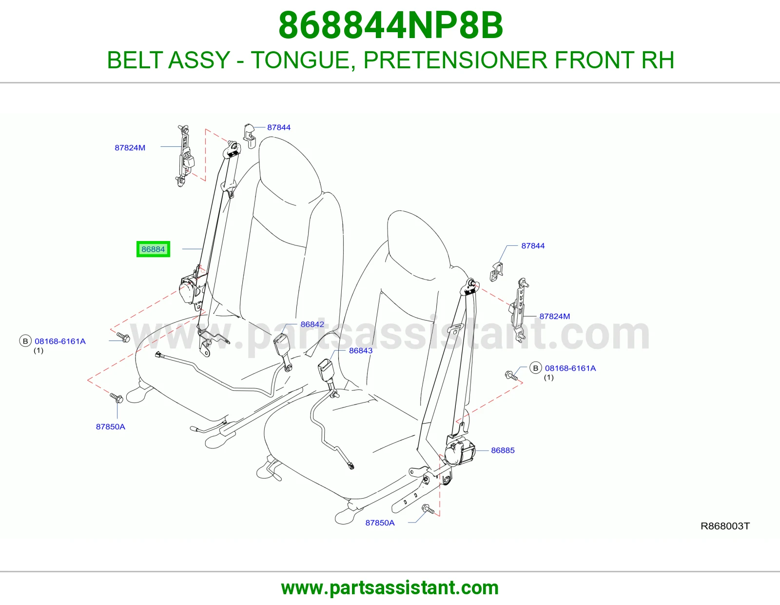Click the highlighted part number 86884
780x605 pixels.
point(153,249)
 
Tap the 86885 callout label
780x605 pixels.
point(503,450)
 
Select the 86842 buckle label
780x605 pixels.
point(312,324)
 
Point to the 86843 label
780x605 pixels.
point(361,350)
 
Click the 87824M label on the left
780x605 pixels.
point(130,148)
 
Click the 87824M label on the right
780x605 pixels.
point(555,316)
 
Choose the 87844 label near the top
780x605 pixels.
point(279,127)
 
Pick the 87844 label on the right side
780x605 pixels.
point(533,246)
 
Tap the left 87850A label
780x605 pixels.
point(111,426)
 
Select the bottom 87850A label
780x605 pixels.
point(380,523)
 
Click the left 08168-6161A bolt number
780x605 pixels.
point(60,341)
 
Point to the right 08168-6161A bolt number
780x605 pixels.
point(570,368)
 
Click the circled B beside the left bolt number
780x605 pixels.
point(25,341)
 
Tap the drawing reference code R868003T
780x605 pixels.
point(725,526)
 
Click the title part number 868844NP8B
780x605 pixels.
point(390,25)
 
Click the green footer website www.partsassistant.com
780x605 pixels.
point(390,588)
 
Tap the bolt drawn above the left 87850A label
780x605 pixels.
point(117,398)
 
